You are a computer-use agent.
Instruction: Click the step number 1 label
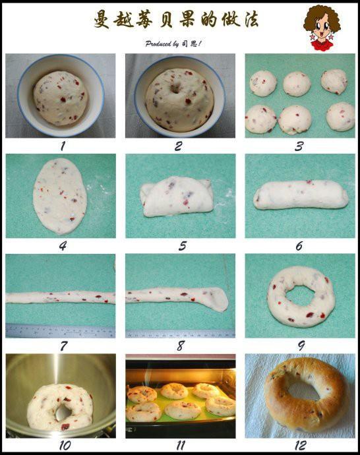63,146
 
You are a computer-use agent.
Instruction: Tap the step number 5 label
182,246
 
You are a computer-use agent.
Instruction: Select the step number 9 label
301,346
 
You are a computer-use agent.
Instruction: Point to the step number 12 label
300,445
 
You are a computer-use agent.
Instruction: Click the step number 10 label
65,445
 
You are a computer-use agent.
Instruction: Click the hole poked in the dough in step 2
176,88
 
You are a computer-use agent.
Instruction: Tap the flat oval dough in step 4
60,196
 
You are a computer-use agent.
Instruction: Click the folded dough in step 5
177,197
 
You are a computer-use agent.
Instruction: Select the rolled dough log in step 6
301,195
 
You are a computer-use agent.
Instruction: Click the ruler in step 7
61,331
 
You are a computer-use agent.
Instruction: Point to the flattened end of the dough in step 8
216,299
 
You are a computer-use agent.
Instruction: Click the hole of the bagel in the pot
63,412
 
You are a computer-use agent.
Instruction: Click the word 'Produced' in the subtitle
158,44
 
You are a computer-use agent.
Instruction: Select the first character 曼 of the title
102,20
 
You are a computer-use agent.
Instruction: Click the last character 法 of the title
251,20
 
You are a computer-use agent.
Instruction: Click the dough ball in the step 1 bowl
61,98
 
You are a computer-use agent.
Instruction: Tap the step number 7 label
63,346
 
